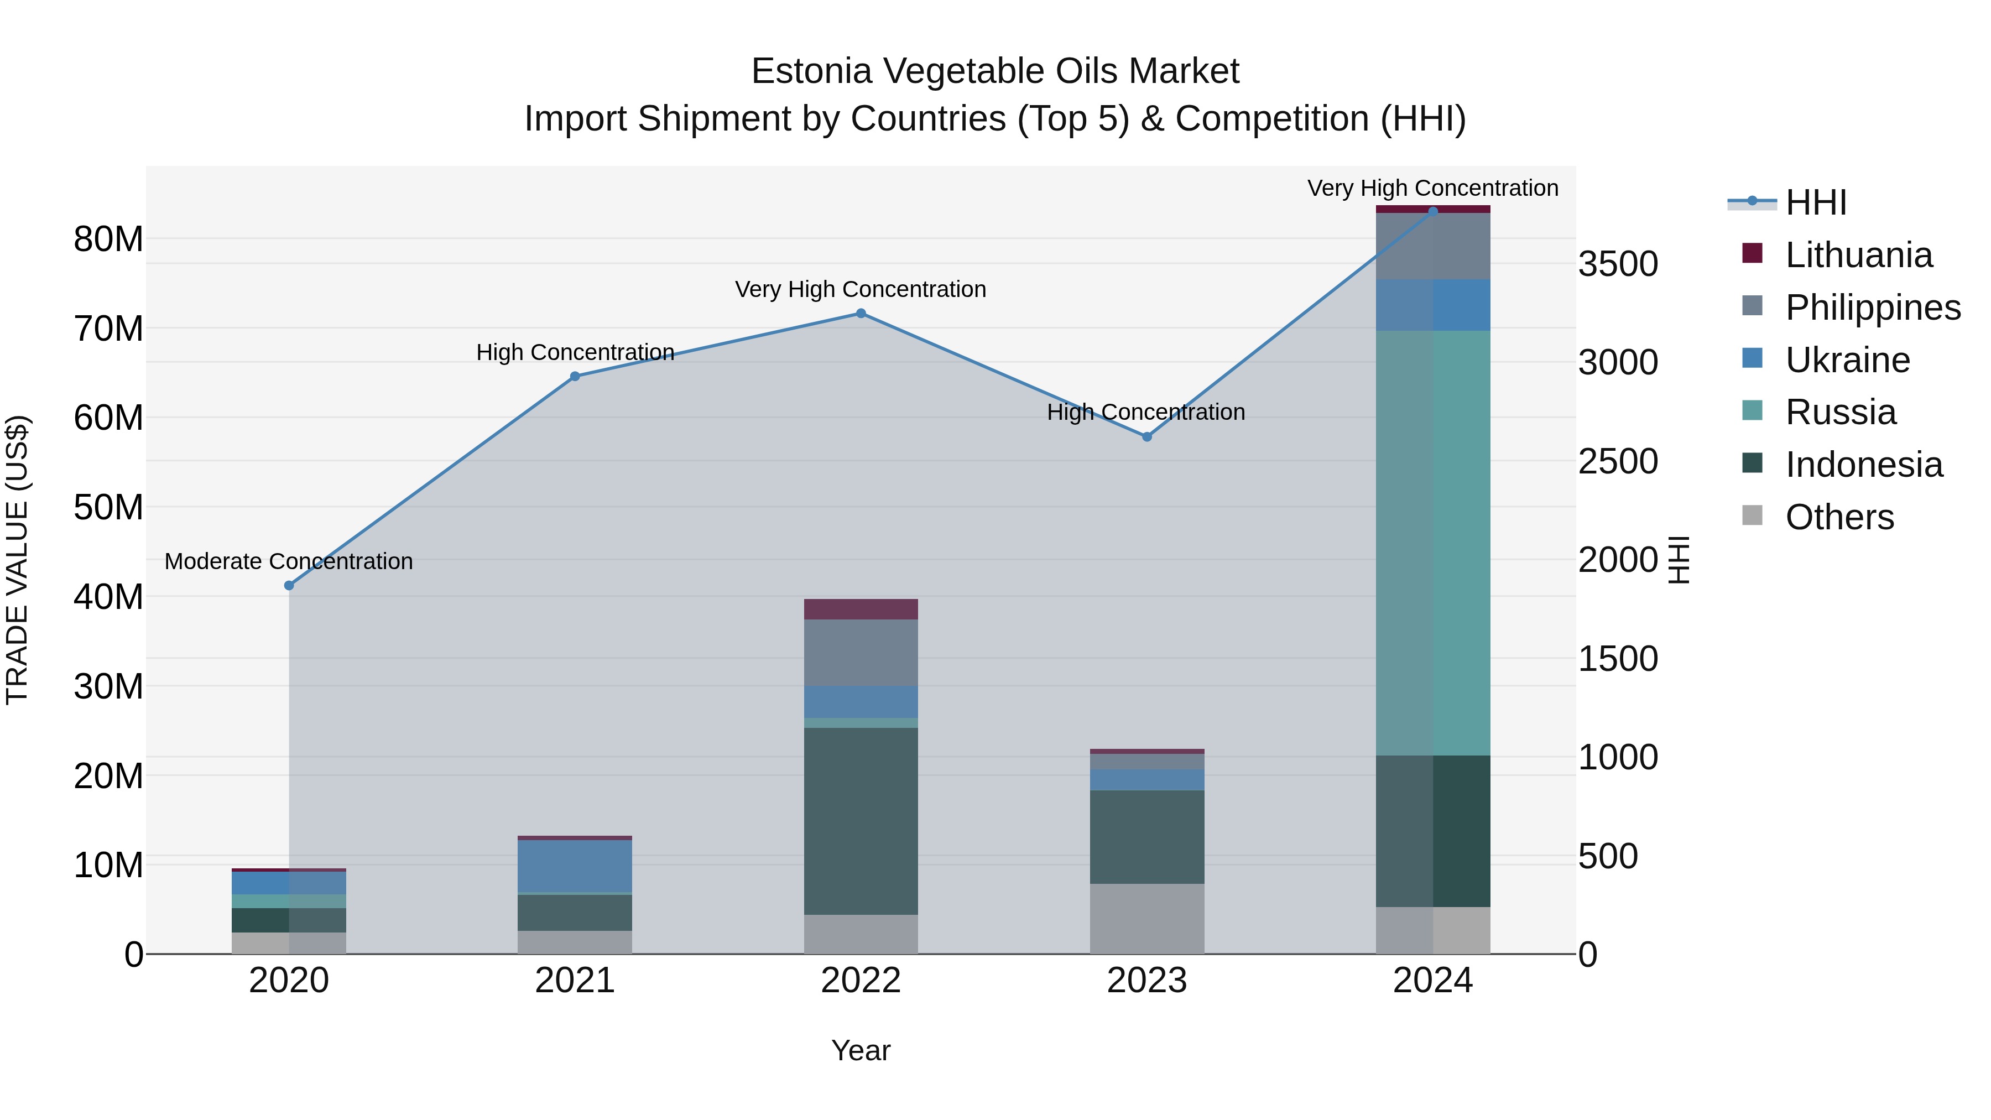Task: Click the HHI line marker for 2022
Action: pos(860,313)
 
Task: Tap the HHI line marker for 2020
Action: pos(289,585)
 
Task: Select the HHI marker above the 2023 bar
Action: pos(1147,437)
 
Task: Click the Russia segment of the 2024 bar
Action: pos(1433,543)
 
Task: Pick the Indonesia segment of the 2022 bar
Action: pos(860,821)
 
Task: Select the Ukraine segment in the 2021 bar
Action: pos(574,866)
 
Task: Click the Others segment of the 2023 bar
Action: pos(1147,918)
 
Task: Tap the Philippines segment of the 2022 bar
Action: pos(860,653)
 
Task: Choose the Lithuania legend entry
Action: pos(1858,255)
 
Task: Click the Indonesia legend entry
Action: pos(1863,465)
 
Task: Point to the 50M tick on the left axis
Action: pos(108,507)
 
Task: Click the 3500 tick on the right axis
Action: pos(1618,264)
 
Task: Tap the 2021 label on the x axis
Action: pos(574,981)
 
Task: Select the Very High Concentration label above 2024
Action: pos(1432,188)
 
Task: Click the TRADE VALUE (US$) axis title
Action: pos(17,560)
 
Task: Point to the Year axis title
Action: pos(860,1050)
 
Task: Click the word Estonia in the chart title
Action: pos(811,71)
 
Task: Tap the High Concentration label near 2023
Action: pos(1145,412)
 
